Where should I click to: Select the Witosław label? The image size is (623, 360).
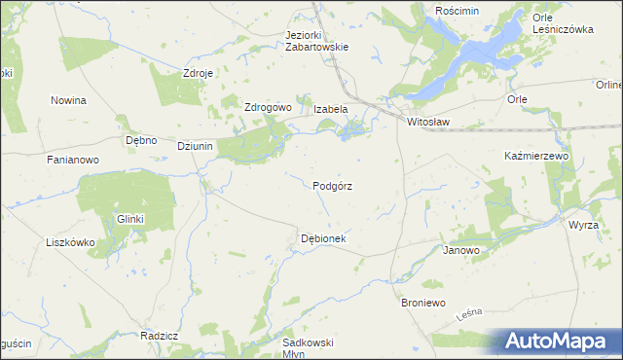coord(429,123)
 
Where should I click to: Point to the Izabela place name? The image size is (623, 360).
coord(331,109)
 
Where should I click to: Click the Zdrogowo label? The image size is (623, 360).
coord(268,107)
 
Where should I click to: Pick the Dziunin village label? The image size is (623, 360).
coord(196,146)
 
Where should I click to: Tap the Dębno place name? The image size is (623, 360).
coord(142,140)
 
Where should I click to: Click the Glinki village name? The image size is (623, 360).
coord(130,220)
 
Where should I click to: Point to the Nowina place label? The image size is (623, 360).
coord(68,100)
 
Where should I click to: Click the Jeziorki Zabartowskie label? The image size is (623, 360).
coord(316,40)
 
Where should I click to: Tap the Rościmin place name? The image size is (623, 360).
coord(458,10)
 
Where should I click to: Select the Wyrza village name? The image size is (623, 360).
coord(584,225)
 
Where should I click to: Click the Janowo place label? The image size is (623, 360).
coord(461,250)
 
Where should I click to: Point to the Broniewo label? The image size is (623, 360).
coord(423,304)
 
